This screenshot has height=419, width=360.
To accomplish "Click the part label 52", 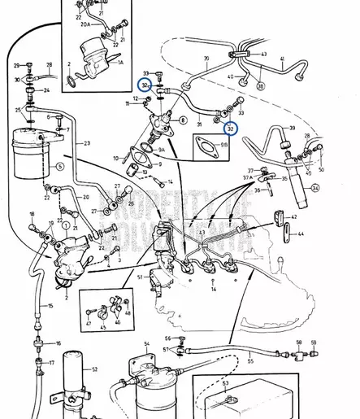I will [x=94, y=370].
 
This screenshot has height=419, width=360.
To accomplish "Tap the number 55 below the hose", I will [x=250, y=359].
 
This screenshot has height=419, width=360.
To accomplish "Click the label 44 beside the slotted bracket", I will [x=299, y=234].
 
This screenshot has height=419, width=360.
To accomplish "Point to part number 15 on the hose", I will [x=50, y=306].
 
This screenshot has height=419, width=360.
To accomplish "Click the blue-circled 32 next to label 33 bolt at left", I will [x=144, y=85].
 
